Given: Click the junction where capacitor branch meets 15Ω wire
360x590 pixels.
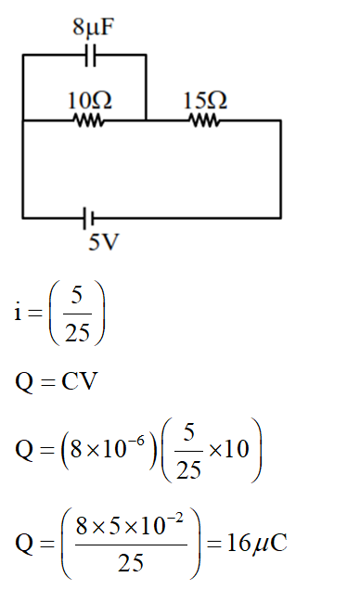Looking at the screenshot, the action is (146, 121).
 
